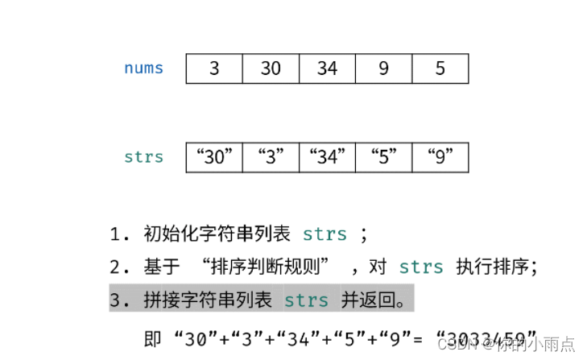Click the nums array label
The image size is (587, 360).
143,68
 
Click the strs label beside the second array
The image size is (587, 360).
143,157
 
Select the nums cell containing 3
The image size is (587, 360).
214,68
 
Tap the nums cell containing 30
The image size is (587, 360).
271,68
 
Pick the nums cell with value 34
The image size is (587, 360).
327,68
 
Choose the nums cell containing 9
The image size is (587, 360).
383,68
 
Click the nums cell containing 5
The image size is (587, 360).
440,68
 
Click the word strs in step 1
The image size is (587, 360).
325,235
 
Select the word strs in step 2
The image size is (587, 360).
421,267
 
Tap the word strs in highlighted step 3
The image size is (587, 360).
306,300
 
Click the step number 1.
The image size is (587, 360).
116,235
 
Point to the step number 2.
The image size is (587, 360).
116,267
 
